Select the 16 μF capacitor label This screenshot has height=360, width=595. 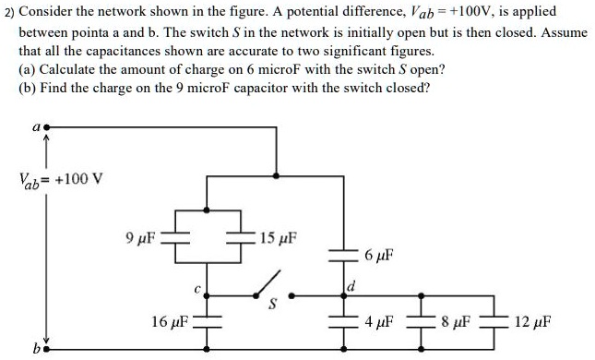[171, 322]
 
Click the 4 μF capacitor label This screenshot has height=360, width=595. [379, 323]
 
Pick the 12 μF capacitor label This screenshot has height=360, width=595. [535, 323]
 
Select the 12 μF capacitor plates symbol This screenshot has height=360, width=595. [501, 322]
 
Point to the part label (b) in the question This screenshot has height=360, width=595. [29, 88]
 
